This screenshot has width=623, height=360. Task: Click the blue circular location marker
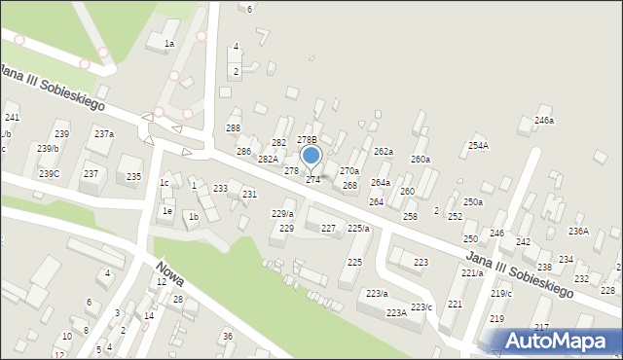(311, 155)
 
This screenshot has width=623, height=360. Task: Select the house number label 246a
(544, 121)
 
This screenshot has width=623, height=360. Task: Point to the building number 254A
(478, 145)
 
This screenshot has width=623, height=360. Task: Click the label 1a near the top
(168, 44)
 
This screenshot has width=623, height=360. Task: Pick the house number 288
(233, 128)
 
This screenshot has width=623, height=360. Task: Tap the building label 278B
(307, 140)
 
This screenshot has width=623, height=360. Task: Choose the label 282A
(268, 159)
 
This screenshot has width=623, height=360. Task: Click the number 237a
(103, 133)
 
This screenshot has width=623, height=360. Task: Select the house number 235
(133, 176)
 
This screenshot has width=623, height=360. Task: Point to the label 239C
(49, 173)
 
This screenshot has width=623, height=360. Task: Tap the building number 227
(329, 228)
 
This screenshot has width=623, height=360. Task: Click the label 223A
(396, 312)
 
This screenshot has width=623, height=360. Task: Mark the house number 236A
(578, 231)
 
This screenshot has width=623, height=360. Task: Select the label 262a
(384, 152)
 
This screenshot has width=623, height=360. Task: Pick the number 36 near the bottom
(227, 336)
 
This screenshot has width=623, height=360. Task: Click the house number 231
(249, 195)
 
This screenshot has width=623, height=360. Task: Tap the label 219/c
(501, 293)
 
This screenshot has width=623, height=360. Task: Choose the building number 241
(12, 117)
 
